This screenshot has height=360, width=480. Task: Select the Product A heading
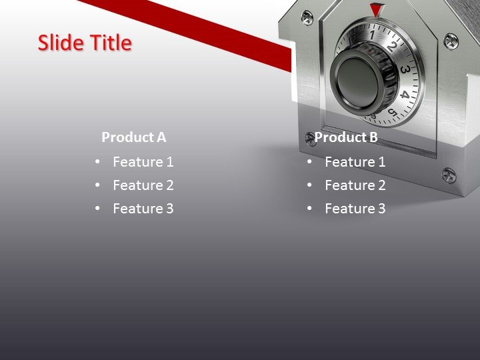pos(133,137)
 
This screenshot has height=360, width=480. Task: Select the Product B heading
pos(346,137)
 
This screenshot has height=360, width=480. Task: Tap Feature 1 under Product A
pos(143,161)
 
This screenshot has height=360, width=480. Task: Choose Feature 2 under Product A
pos(143,185)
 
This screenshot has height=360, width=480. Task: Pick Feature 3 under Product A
pos(143,208)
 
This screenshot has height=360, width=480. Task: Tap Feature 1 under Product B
pos(355,161)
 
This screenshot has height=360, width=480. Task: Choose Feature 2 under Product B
pos(355,185)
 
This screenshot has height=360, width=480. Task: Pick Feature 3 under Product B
pos(355,208)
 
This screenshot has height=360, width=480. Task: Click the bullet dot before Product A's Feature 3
pos(97,208)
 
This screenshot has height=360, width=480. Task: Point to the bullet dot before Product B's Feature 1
pos(309,161)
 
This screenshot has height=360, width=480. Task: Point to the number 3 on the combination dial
pos(404,69)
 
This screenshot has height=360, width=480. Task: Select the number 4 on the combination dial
pos(405,95)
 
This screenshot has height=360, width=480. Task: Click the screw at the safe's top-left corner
pos(307,17)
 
